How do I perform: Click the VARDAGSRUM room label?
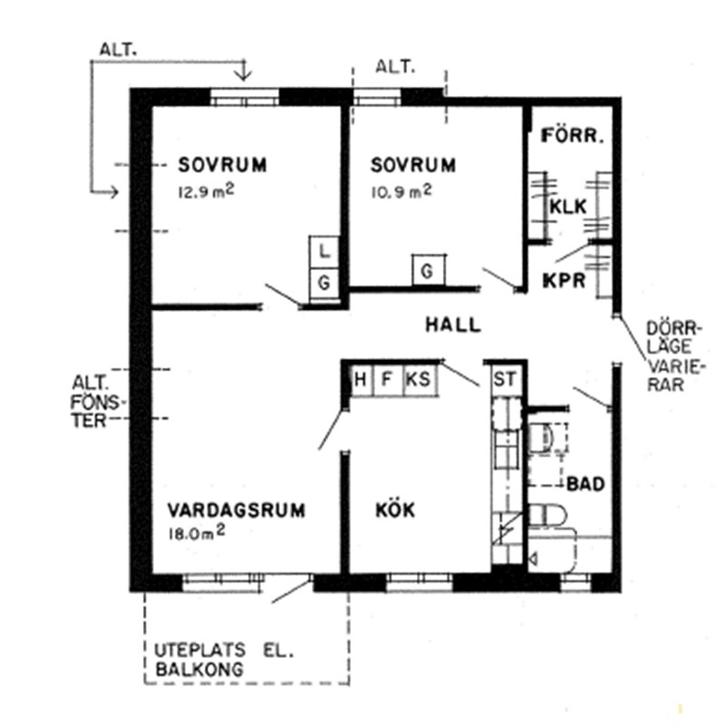pos(236,510)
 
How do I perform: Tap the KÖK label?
pos(395,509)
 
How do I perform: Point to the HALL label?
pos(453,324)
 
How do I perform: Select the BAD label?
pos(585,484)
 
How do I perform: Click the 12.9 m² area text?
pos(206,191)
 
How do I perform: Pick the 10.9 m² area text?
pos(401,191)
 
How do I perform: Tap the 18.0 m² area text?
pos(197,533)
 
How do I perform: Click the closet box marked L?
pos(324,252)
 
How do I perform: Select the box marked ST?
pos(504,380)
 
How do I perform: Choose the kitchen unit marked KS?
pos(419,380)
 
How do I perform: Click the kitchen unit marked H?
pos(362,380)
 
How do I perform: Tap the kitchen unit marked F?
pos(388,380)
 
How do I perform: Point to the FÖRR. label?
pos(572,136)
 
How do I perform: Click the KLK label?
pos(568,207)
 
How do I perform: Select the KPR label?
pos(564,280)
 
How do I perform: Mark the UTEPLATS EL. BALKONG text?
pos(224,660)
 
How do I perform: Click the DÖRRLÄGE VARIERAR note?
pos(674,356)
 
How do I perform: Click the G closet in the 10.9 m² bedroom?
pos(429,270)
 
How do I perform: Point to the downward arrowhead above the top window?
pos(244,75)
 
